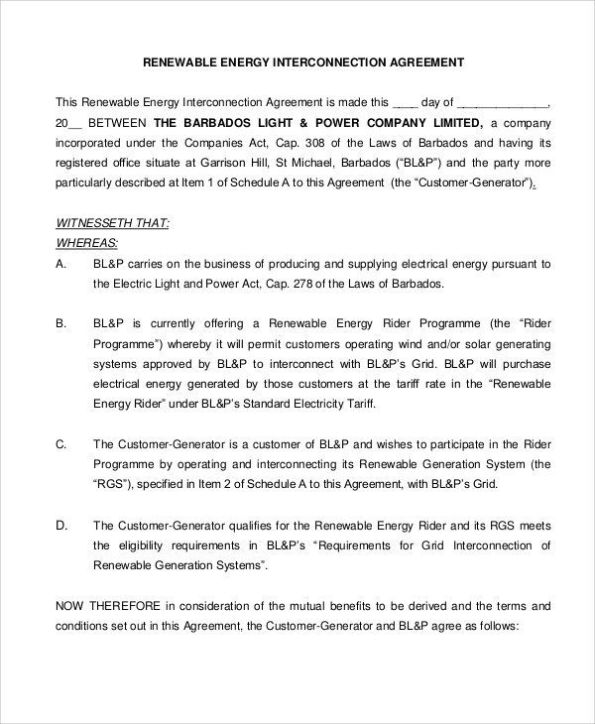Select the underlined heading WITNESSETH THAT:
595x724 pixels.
click(x=112, y=224)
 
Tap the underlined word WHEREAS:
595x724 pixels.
click(x=86, y=244)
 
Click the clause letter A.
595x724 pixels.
click(x=60, y=264)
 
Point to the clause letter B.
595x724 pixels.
click(x=60, y=323)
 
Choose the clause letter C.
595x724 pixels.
click(x=60, y=443)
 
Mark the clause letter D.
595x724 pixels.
click(x=60, y=525)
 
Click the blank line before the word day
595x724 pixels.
click(x=405, y=102)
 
